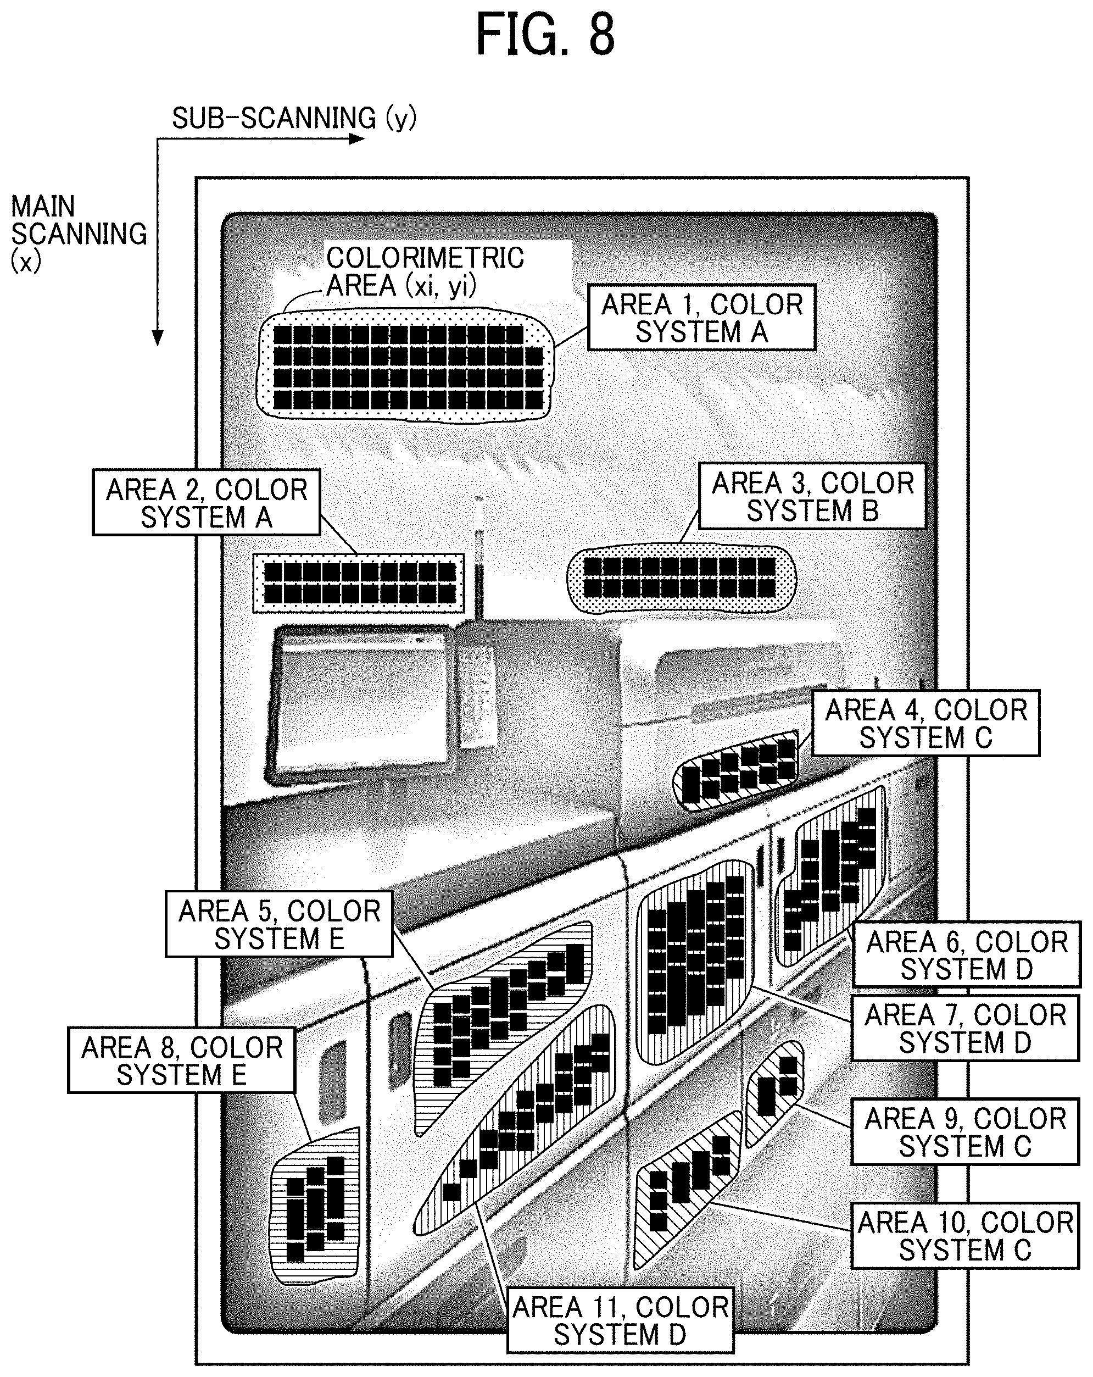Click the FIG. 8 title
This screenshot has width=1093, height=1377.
pyautogui.click(x=545, y=35)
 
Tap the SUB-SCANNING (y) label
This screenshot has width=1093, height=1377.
pyautogui.click(x=294, y=118)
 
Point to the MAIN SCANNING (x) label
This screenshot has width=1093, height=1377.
pyautogui.click(x=79, y=233)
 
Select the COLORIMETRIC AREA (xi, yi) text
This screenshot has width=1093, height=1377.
pyautogui.click(x=425, y=271)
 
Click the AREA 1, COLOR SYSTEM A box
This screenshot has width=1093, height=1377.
pyautogui.click(x=701, y=318)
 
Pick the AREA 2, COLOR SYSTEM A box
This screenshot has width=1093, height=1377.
pyautogui.click(x=206, y=503)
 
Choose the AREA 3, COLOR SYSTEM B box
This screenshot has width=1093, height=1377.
pyautogui.click(x=812, y=496)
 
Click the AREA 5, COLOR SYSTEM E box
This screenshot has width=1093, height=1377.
pyautogui.click(x=279, y=924)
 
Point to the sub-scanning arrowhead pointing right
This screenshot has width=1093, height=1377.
pyautogui.click(x=357, y=138)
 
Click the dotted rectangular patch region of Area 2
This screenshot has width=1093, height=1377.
pyautogui.click(x=359, y=583)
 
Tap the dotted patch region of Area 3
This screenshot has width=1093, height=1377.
pyautogui.click(x=682, y=578)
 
